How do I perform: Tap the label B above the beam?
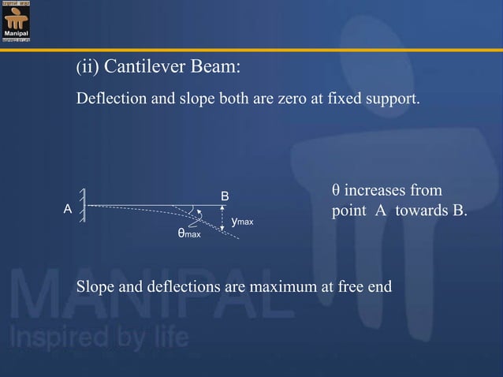tap(225, 195)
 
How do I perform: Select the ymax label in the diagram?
tap(242, 223)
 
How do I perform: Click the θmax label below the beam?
tap(188, 234)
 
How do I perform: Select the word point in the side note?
tap(348, 213)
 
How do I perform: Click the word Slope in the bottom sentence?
tap(94, 286)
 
